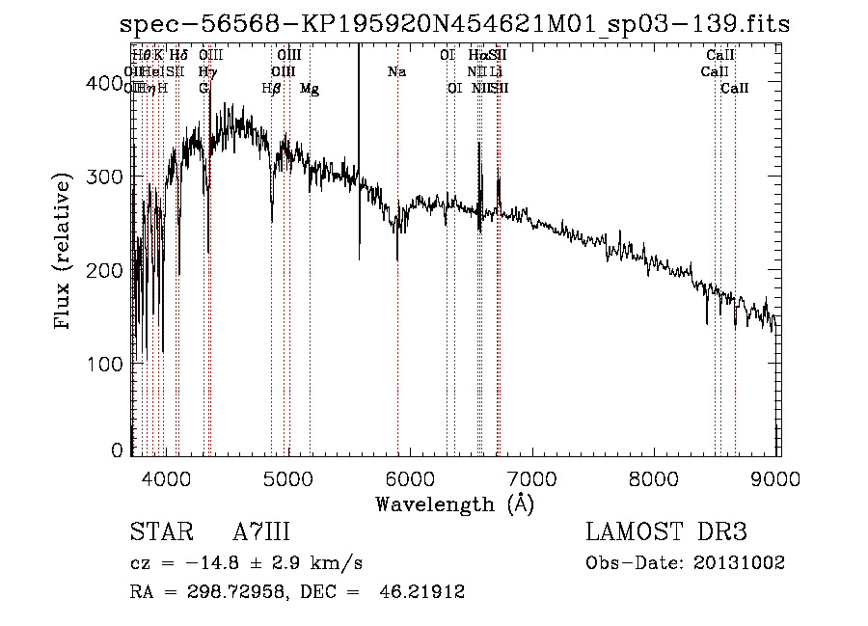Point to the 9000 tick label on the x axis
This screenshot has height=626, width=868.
click(778, 477)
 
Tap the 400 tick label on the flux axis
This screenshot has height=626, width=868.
click(103, 84)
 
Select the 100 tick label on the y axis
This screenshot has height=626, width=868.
click(103, 364)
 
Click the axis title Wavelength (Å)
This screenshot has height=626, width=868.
click(454, 504)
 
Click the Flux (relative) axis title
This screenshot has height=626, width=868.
click(65, 253)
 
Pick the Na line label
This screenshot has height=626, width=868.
click(396, 71)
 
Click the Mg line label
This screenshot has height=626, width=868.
click(310, 88)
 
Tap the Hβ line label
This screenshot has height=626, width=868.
click(271, 88)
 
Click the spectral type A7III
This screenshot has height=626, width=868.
click(262, 531)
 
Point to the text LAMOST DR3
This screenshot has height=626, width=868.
click(666, 531)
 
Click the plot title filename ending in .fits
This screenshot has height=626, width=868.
click(454, 24)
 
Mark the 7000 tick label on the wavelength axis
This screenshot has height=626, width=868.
click(532, 477)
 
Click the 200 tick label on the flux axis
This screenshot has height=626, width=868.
click(103, 270)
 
